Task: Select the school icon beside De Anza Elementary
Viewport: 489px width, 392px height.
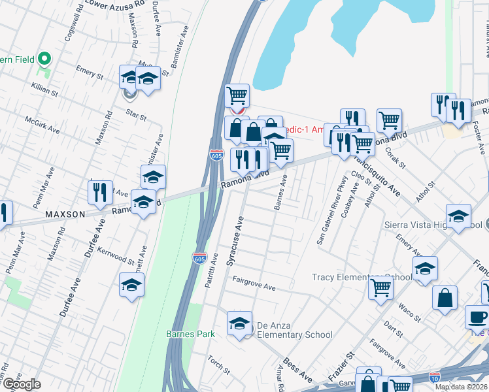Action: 240,323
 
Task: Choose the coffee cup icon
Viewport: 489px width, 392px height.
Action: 477,318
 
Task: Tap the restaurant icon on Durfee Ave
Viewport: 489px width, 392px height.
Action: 100,192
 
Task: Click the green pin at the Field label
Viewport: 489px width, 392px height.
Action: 45,59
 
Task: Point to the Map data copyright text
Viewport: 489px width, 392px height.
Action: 461,387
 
